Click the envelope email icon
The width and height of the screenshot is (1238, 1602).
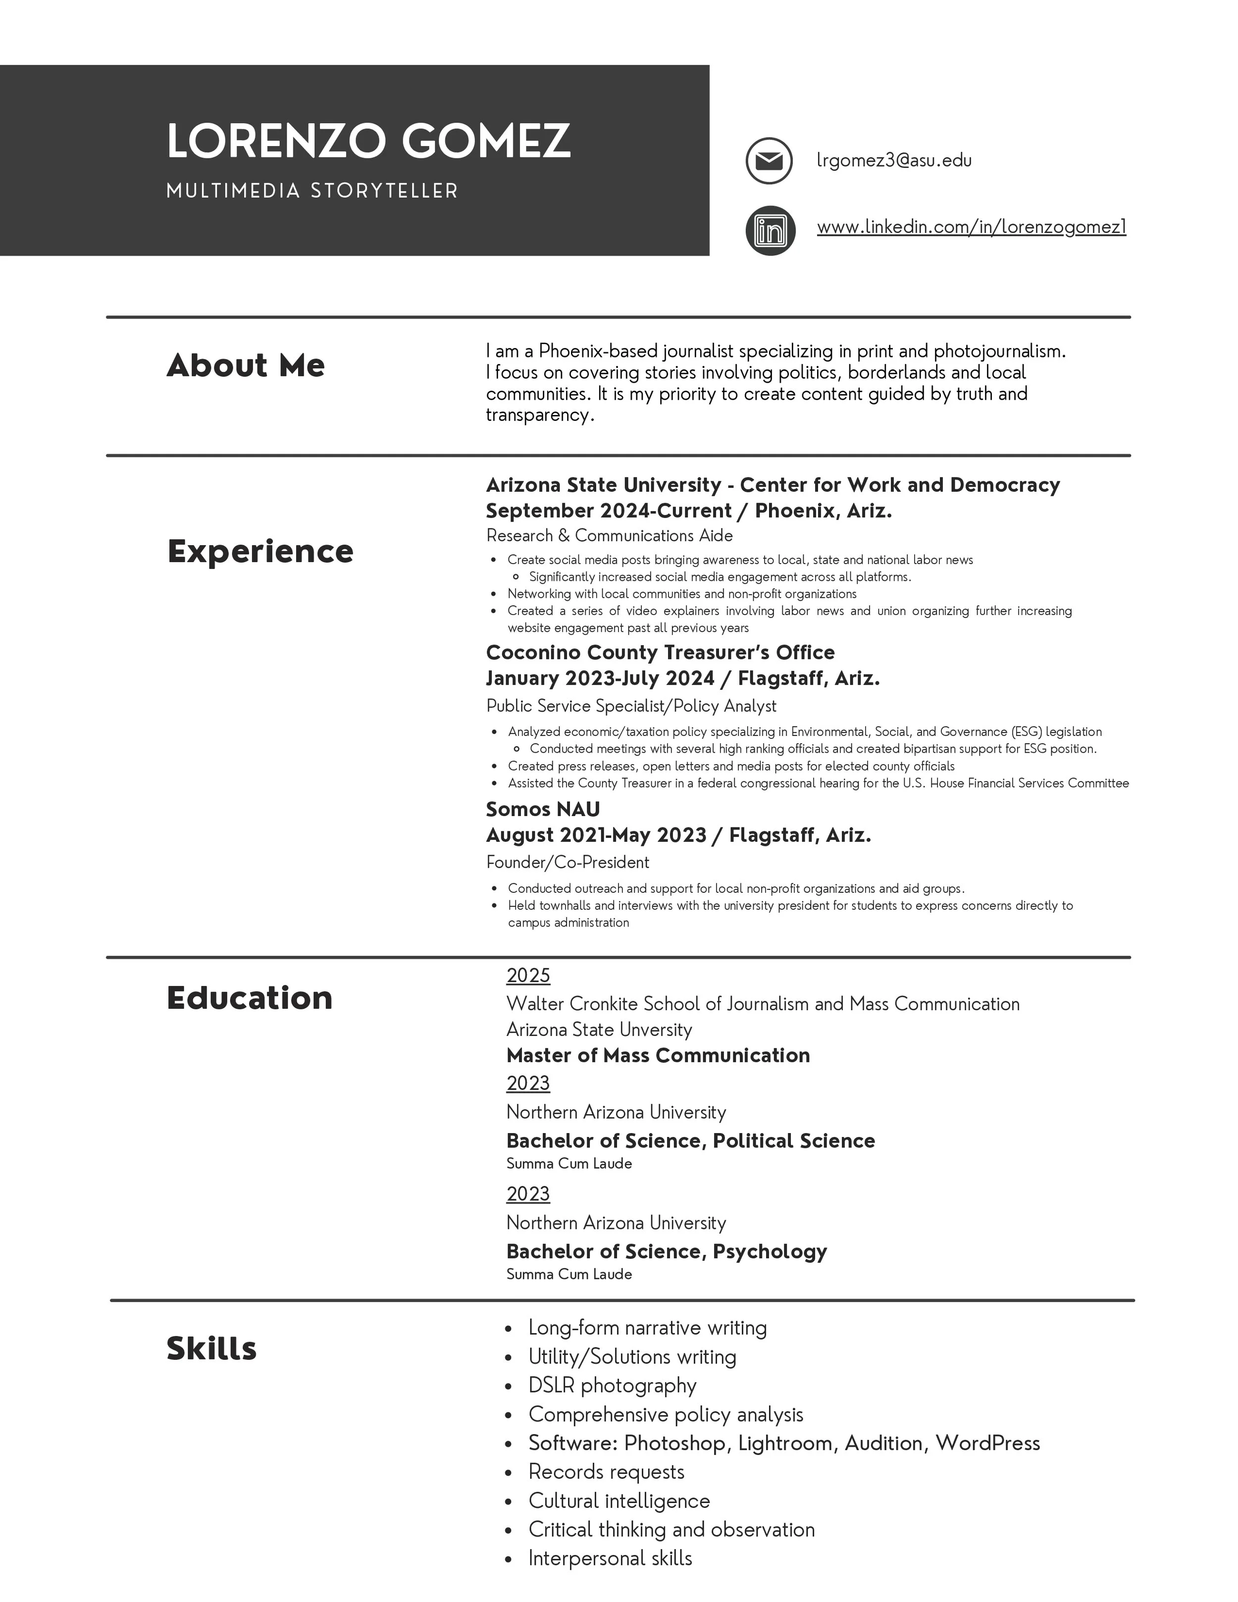pyautogui.click(x=769, y=160)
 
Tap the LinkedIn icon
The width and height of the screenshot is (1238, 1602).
pyautogui.click(x=770, y=230)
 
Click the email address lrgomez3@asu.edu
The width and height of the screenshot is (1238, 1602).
pyautogui.click(x=894, y=160)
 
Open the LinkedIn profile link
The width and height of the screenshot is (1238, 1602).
pyautogui.click(x=971, y=227)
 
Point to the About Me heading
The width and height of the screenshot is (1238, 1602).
pyautogui.click(x=246, y=365)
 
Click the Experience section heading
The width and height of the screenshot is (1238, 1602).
pyautogui.click(x=260, y=551)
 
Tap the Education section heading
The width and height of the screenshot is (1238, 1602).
pyautogui.click(x=250, y=997)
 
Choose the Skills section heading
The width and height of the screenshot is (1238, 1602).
pyautogui.click(x=211, y=1348)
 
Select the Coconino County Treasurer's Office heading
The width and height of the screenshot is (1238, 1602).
pyautogui.click(x=660, y=652)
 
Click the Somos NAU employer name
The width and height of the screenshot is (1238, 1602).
pyautogui.click(x=543, y=809)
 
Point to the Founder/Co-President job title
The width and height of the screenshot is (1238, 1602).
pyautogui.click(x=567, y=862)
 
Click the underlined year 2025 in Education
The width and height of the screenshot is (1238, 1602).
pyautogui.click(x=528, y=976)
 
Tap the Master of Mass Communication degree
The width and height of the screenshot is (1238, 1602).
pyautogui.click(x=658, y=1055)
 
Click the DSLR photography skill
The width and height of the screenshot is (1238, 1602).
pyautogui.click(x=613, y=1385)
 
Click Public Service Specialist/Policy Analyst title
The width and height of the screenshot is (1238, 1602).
pyautogui.click(x=631, y=706)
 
